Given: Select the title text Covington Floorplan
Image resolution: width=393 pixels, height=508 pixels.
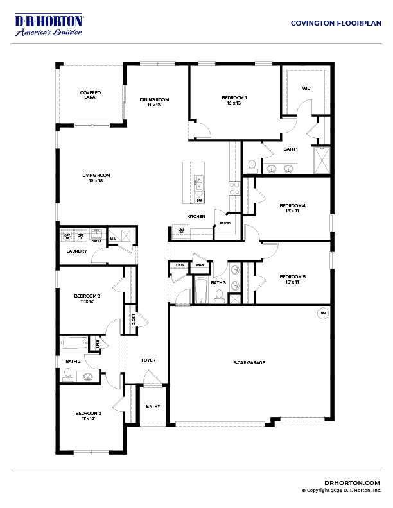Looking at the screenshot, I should pyautogui.click(x=336, y=22).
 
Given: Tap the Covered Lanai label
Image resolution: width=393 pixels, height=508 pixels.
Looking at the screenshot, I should pyautogui.click(x=90, y=95).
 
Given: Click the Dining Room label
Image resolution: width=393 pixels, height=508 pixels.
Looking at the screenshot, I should pyautogui.click(x=154, y=99).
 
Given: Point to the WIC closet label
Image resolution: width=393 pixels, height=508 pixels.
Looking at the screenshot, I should pyautogui.click(x=306, y=89).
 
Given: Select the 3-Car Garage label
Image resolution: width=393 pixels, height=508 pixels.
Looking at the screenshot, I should pyautogui.click(x=249, y=363).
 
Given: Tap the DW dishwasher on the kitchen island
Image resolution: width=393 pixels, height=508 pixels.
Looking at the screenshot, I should pyautogui.click(x=199, y=200).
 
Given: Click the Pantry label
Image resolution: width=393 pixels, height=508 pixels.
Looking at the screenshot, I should pyautogui.click(x=225, y=223).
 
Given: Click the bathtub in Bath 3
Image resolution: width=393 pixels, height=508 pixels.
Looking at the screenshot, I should pyautogui.click(x=201, y=291).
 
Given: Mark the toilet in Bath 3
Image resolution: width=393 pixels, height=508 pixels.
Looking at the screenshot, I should pyautogui.click(x=219, y=296).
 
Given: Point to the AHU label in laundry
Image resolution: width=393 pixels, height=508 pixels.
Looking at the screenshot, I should pyautogui.click(x=113, y=239).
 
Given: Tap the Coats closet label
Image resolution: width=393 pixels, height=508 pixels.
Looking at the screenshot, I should pyautogui.click(x=178, y=264).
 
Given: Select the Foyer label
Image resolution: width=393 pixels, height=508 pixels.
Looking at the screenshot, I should pyautogui.click(x=148, y=360).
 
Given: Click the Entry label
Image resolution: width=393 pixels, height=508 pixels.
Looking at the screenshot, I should pyautogui.click(x=153, y=406).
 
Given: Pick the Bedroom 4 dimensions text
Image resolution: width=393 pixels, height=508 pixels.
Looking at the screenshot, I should pyautogui.click(x=292, y=210).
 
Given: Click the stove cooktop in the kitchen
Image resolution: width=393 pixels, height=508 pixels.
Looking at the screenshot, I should pyautogui.click(x=234, y=188).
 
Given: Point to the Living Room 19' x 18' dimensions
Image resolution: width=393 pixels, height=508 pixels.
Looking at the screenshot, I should pyautogui.click(x=96, y=180).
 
